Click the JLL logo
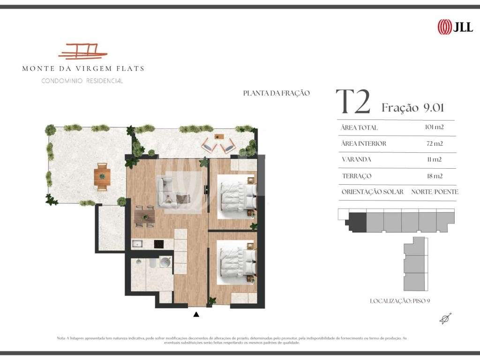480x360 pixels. (455, 27)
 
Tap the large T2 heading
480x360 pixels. (353, 102)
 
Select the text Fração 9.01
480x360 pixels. (412, 107)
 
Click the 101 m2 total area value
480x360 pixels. (434, 127)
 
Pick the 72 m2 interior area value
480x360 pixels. (435, 143)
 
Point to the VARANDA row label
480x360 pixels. (356, 159)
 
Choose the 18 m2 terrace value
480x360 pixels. (435, 176)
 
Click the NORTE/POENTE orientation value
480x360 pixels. (435, 192)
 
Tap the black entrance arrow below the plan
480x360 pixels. (196, 314)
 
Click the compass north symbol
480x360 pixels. (446, 319)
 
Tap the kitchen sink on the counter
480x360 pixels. (137, 244)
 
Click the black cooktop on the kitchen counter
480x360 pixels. (158, 244)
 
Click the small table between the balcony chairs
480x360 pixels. (219, 136)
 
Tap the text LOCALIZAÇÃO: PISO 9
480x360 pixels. (400, 301)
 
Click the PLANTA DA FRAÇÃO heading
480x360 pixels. (277, 93)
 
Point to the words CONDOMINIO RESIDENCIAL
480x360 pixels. (82, 81)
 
